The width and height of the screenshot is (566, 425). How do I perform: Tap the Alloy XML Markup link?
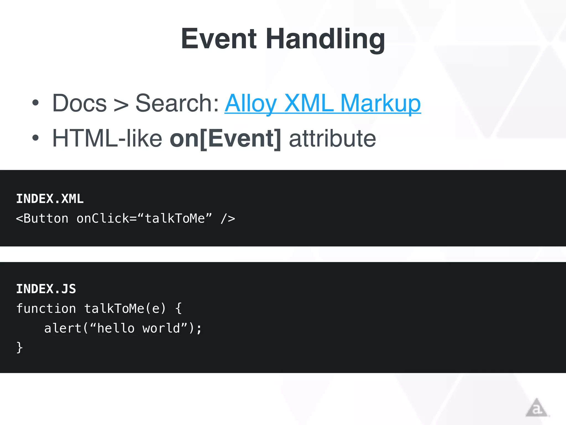click(323, 103)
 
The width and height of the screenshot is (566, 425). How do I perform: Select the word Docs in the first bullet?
click(80, 103)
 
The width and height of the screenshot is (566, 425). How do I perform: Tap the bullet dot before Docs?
click(35, 103)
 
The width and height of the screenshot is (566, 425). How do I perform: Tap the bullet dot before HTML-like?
click(35, 138)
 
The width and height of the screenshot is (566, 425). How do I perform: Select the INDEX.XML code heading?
click(50, 199)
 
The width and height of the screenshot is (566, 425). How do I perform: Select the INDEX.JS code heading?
click(46, 289)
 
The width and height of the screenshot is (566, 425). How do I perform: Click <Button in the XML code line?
click(42, 219)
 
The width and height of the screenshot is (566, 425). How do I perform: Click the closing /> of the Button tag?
click(228, 219)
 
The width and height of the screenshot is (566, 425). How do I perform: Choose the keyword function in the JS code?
click(46, 309)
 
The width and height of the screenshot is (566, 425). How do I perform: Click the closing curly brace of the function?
click(19, 348)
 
